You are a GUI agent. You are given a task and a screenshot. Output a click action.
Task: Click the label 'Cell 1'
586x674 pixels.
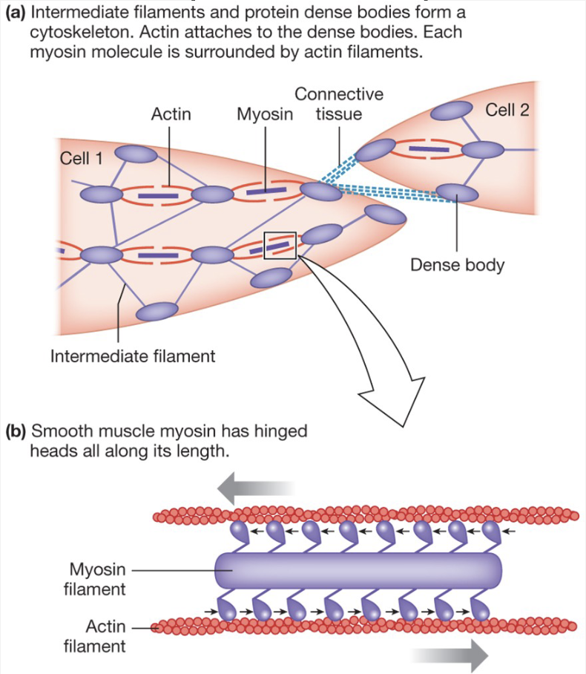tap(82, 159)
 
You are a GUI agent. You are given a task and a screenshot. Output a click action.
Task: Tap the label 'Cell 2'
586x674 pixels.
tap(507, 111)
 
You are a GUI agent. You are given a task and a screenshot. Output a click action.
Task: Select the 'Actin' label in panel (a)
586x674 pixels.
tap(171, 114)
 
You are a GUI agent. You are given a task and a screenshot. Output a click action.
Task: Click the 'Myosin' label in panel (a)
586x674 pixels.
tap(265, 114)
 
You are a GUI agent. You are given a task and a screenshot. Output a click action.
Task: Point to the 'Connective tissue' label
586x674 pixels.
tap(339, 104)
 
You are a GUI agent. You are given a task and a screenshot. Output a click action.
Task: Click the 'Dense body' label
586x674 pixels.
tap(457, 265)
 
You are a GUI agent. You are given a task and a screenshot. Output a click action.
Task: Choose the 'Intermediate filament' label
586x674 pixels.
tap(133, 356)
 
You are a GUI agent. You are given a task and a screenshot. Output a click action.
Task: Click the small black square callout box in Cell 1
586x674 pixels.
tap(280, 246)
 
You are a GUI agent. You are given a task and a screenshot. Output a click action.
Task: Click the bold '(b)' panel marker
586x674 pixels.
tap(15, 431)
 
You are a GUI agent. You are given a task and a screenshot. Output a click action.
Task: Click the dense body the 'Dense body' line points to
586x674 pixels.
tap(457, 192)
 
